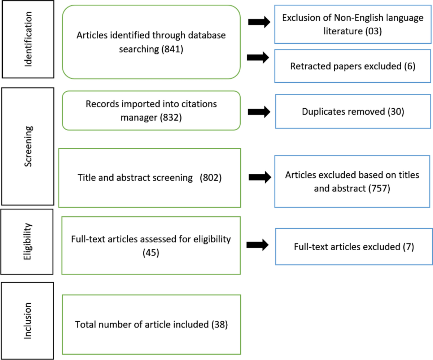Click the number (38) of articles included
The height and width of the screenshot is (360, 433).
coord(219,324)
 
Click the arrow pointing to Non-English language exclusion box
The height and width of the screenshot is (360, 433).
coord(259,22)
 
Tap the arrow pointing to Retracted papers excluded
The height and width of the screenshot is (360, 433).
coord(258,57)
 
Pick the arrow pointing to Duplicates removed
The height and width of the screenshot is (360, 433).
coord(259,112)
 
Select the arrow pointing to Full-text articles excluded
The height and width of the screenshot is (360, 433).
coord(258,245)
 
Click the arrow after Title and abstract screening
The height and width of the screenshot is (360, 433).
coord(260,177)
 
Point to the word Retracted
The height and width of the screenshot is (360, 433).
coord(307,66)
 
